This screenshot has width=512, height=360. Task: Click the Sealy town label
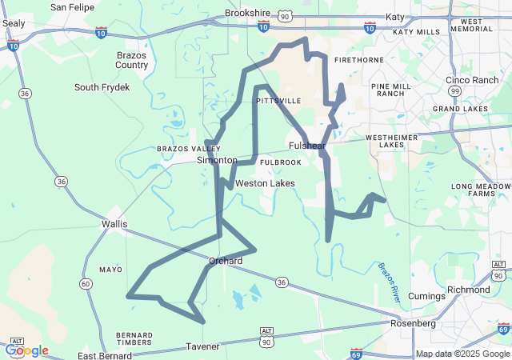(14, 23)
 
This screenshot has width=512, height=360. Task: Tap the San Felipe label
(70, 7)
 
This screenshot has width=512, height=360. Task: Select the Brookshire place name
(248, 14)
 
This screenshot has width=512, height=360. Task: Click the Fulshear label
(307, 146)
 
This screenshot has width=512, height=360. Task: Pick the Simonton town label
(218, 160)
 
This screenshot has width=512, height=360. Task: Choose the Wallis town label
(114, 224)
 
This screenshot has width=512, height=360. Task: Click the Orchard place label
(226, 261)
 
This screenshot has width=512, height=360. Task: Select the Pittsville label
(278, 101)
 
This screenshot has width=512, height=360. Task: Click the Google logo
(26, 350)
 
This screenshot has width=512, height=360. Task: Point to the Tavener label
(202, 346)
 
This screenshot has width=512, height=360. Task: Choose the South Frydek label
(102, 87)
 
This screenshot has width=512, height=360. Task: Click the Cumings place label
(425, 296)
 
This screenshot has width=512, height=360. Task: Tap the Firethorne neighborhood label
(354, 60)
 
